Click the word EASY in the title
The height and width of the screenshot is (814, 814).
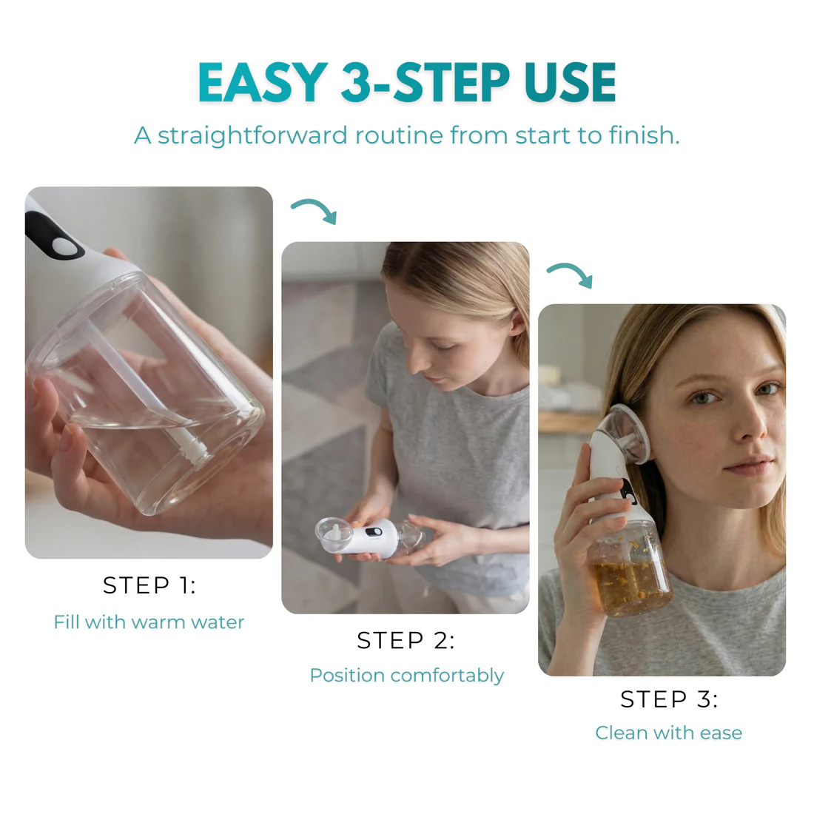pyautogui.click(x=262, y=82)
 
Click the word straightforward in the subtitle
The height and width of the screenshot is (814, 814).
pyautogui.click(x=252, y=136)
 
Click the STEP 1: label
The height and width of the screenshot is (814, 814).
pyautogui.click(x=149, y=585)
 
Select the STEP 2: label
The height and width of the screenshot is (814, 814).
pyautogui.click(x=406, y=640)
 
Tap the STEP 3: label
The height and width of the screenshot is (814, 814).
pyautogui.click(x=669, y=699)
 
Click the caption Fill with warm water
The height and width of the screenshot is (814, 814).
pyautogui.click(x=149, y=622)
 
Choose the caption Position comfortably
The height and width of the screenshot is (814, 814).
pyautogui.click(x=406, y=676)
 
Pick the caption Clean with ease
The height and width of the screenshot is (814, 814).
pyautogui.click(x=668, y=733)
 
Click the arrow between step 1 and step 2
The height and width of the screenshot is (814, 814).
pyautogui.click(x=315, y=210)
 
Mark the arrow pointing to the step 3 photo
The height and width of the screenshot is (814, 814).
pyautogui.click(x=571, y=275)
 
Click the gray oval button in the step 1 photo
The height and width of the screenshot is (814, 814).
pyautogui.click(x=67, y=246)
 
